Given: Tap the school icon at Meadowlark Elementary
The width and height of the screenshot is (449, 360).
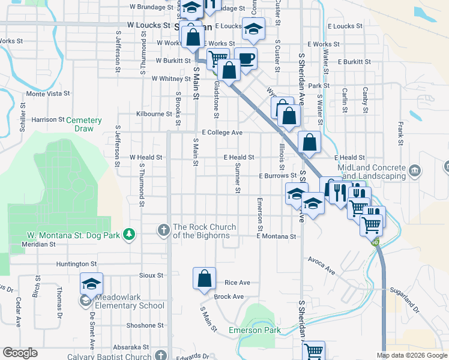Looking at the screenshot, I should coord(92,283).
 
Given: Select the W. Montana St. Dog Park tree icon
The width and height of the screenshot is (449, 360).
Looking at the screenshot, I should coord(128,233).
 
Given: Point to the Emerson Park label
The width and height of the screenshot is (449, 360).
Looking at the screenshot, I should coord(255,331).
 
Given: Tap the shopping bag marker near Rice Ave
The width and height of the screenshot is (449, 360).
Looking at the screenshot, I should coord(204,278).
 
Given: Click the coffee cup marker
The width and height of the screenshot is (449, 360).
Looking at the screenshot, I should coord(246,59).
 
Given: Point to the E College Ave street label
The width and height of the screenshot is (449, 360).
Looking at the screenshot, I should coord(222,133).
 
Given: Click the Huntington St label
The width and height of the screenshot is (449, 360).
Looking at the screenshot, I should coord(76,264).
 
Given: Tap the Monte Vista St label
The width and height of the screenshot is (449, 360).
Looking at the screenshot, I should coord(49,94).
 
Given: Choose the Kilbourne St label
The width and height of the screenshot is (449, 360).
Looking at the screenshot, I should coord(154,114).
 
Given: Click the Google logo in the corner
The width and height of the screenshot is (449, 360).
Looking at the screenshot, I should coord(20,353).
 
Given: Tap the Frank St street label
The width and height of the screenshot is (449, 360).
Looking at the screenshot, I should coord(400,134).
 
